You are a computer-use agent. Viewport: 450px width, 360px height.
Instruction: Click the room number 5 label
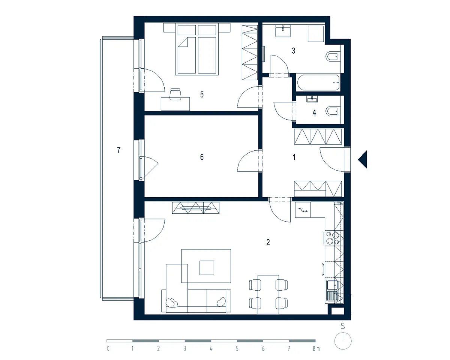pyautogui.click(x=202, y=94)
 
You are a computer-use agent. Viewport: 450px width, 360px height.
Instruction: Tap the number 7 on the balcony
pyautogui.click(x=118, y=150)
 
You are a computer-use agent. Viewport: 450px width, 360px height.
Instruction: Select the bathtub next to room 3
pyautogui.click(x=318, y=82)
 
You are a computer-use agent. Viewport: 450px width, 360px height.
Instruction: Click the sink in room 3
pyautogui.click(x=283, y=30)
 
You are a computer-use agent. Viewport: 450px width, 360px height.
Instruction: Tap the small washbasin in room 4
pyautogui.click(x=312, y=99)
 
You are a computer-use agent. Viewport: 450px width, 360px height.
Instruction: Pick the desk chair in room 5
pyautogui.click(x=175, y=94)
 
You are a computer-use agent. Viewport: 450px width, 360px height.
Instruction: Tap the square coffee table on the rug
pyautogui.click(x=207, y=268)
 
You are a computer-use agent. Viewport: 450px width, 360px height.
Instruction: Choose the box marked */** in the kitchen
pyautogui.click(x=303, y=210)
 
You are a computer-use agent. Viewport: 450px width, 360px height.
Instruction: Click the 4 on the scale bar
pyautogui.click(x=211, y=349)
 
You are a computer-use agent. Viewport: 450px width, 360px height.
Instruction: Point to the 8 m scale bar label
pyautogui.click(x=316, y=349)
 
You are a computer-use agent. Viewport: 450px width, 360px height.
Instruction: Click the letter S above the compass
pyautogui.click(x=342, y=326)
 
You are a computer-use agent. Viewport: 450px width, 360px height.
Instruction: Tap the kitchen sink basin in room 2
pyautogui.click(x=332, y=285)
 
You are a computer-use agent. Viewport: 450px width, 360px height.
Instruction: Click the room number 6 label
pyautogui.click(x=202, y=157)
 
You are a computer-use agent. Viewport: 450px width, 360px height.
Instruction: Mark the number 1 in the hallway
pyautogui.click(x=294, y=157)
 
